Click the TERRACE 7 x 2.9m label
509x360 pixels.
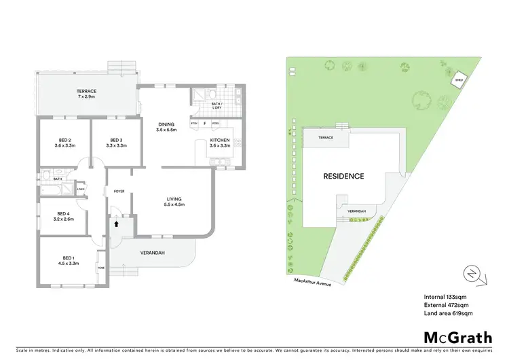tap(86, 94)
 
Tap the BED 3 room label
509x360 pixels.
tap(115, 142)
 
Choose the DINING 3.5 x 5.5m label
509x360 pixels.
tap(166, 126)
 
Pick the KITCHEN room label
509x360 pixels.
tap(221, 143)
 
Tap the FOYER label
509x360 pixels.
tap(118, 191)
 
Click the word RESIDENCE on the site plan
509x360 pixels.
tap(343, 176)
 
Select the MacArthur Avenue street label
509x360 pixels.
tap(312, 281)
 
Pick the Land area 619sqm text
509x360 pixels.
tap(447, 313)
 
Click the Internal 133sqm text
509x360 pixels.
tap(445, 297)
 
